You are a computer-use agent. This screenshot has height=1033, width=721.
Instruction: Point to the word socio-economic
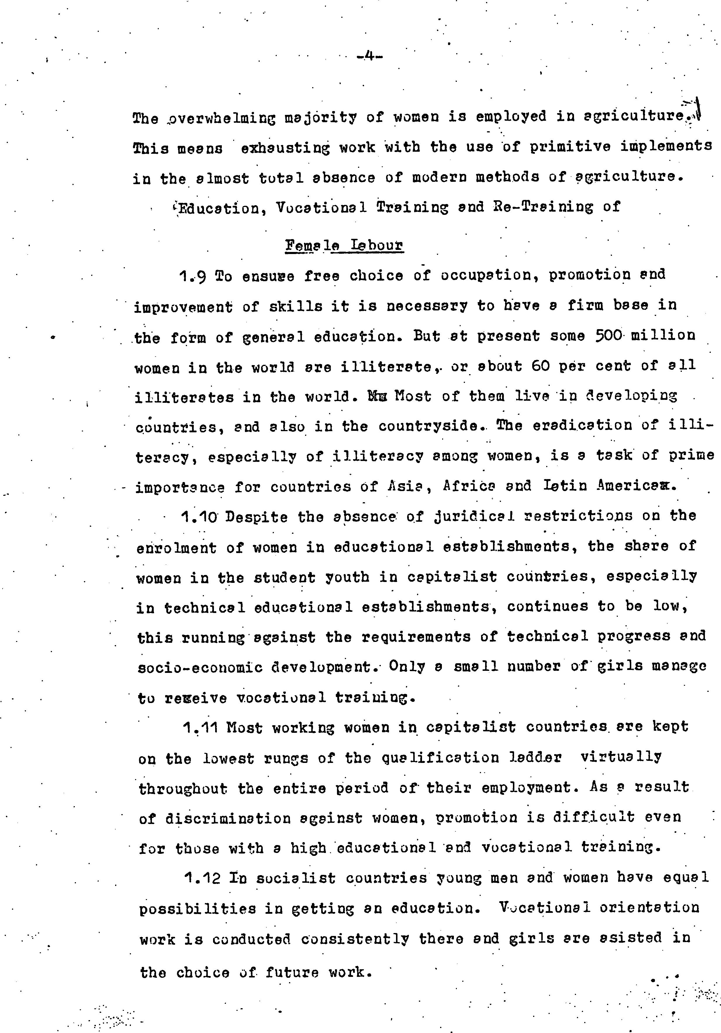200,667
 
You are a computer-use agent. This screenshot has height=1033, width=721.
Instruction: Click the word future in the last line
292,973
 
